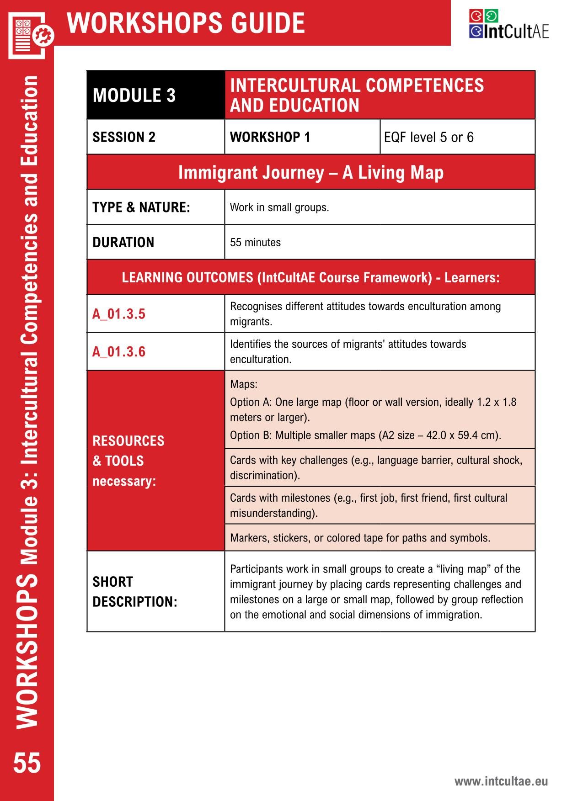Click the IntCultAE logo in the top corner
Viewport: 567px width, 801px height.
tap(508, 25)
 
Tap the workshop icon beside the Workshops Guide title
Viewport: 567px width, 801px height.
tap(30, 36)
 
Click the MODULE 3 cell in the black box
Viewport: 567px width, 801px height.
tap(134, 95)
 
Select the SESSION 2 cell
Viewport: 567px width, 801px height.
tap(124, 137)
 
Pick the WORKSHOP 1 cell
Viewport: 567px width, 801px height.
tap(270, 137)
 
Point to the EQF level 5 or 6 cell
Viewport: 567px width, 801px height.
tap(428, 137)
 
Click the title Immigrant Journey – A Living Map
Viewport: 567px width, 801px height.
tap(310, 173)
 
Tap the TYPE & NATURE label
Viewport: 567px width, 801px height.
tap(141, 207)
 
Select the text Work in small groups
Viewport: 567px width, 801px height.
tap(279, 207)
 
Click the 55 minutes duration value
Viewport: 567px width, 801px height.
tap(255, 242)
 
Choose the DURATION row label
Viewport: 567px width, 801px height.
tap(123, 242)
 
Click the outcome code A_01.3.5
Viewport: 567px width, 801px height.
tap(119, 314)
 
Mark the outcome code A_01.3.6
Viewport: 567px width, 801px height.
tap(119, 352)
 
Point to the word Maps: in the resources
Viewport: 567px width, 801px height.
tap(244, 384)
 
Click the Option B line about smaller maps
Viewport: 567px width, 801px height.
tap(365, 435)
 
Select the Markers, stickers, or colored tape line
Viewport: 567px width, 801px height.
tap(360, 538)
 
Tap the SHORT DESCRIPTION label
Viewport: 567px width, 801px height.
tap(134, 592)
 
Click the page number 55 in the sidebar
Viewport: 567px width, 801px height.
tap(27, 763)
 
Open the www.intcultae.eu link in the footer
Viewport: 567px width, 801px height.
tap(501, 781)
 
